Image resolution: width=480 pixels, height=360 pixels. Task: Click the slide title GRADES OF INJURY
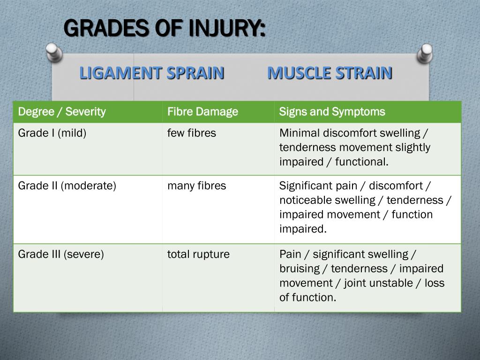pos(164,29)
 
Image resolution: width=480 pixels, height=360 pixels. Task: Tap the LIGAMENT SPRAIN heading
pos(151,73)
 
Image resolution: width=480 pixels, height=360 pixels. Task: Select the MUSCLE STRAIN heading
pos(330,73)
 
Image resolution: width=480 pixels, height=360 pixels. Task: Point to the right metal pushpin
pos(425,53)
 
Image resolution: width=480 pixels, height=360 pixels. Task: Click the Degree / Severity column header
pos(62,112)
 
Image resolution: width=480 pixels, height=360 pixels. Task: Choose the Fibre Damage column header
pos(202,112)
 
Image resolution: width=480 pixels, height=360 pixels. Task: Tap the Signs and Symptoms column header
pos(332,112)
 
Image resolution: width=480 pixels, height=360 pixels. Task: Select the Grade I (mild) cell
pos(52,133)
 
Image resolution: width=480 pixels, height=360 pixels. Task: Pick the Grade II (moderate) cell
pos(67,186)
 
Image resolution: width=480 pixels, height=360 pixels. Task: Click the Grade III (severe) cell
pos(61,254)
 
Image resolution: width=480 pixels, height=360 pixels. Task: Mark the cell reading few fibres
pos(191,133)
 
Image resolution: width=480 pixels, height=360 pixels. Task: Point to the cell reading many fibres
pos(196,186)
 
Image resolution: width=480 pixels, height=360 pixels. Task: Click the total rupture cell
pos(198,254)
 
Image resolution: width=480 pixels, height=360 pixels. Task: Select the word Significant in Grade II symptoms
pos(306,186)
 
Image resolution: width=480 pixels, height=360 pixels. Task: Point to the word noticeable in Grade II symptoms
pos(305,200)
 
